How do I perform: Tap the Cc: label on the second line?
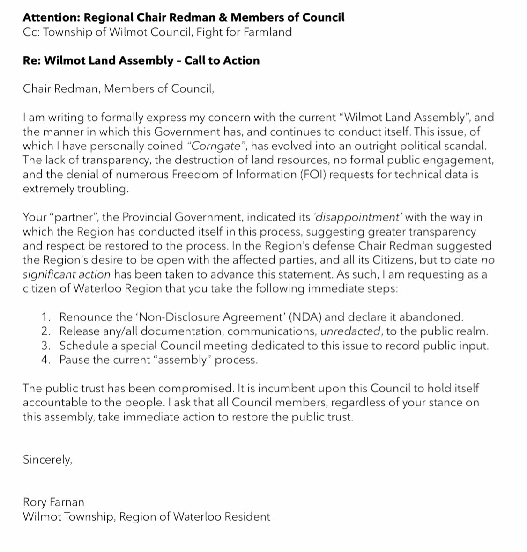tap(31, 32)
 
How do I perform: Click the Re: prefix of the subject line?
tap(31, 60)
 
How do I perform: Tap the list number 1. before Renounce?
tap(46, 317)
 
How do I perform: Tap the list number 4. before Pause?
tap(46, 360)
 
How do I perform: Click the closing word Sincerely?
tap(47, 460)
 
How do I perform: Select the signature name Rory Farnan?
tap(53, 502)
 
